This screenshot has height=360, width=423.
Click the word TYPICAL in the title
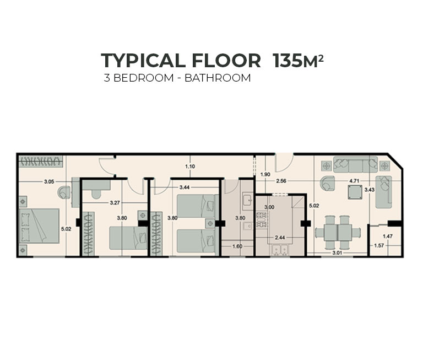tap(143, 61)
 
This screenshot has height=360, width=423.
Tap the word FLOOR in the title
tap(227, 61)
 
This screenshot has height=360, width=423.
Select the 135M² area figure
tap(298, 61)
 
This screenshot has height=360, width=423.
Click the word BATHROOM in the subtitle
tap(218, 78)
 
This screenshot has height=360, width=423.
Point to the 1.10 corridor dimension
tap(190, 166)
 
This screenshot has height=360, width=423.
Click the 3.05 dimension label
tap(49, 181)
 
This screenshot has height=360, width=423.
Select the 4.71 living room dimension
tap(354, 181)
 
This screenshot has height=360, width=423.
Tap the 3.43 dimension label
tap(370, 190)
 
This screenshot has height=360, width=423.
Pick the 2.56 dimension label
tap(281, 181)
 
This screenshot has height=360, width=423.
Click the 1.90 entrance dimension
tap(265, 174)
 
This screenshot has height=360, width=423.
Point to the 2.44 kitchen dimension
tap(280, 238)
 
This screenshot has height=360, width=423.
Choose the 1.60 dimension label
tap(237, 246)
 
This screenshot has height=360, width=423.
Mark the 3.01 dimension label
tap(337, 253)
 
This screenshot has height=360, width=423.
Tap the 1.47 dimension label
tap(388, 237)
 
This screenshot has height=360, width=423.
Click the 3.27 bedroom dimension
tap(115, 202)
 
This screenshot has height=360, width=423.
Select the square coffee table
tap(355, 192)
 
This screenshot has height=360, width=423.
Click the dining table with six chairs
tap(338, 232)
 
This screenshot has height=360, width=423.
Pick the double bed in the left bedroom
tap(39, 226)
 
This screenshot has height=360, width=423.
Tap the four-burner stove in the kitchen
tap(261, 220)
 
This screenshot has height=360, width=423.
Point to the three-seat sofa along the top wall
tap(355, 164)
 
